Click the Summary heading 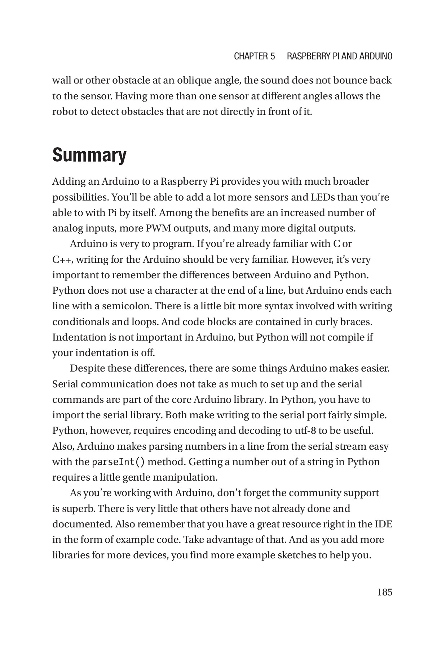click(89, 156)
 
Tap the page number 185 click(384, 592)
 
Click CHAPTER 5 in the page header click(254, 56)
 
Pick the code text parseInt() click(118, 462)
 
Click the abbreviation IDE click(383, 524)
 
